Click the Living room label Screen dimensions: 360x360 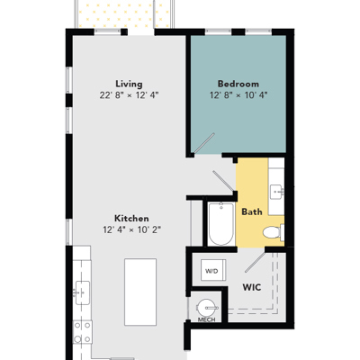(129, 84)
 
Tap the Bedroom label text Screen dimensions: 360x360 (238, 84)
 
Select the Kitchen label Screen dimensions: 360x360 (131, 218)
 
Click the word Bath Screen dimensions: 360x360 (252, 211)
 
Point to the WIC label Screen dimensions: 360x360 (252, 287)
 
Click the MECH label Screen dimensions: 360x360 (207, 319)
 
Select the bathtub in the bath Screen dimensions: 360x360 (221, 224)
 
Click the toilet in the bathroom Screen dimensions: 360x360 (274, 232)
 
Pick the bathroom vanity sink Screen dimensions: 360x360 (277, 192)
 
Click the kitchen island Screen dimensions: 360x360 (140, 292)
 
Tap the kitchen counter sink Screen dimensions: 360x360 (82, 292)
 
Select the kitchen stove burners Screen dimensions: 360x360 (83, 332)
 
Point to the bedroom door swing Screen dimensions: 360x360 (204, 143)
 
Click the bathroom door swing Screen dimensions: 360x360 (223, 181)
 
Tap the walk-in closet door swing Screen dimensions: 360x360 (256, 262)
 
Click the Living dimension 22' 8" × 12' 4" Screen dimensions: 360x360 (129, 95)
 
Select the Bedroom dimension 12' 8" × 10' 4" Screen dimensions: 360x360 (238, 95)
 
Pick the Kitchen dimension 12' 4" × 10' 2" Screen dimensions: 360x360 (132, 230)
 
